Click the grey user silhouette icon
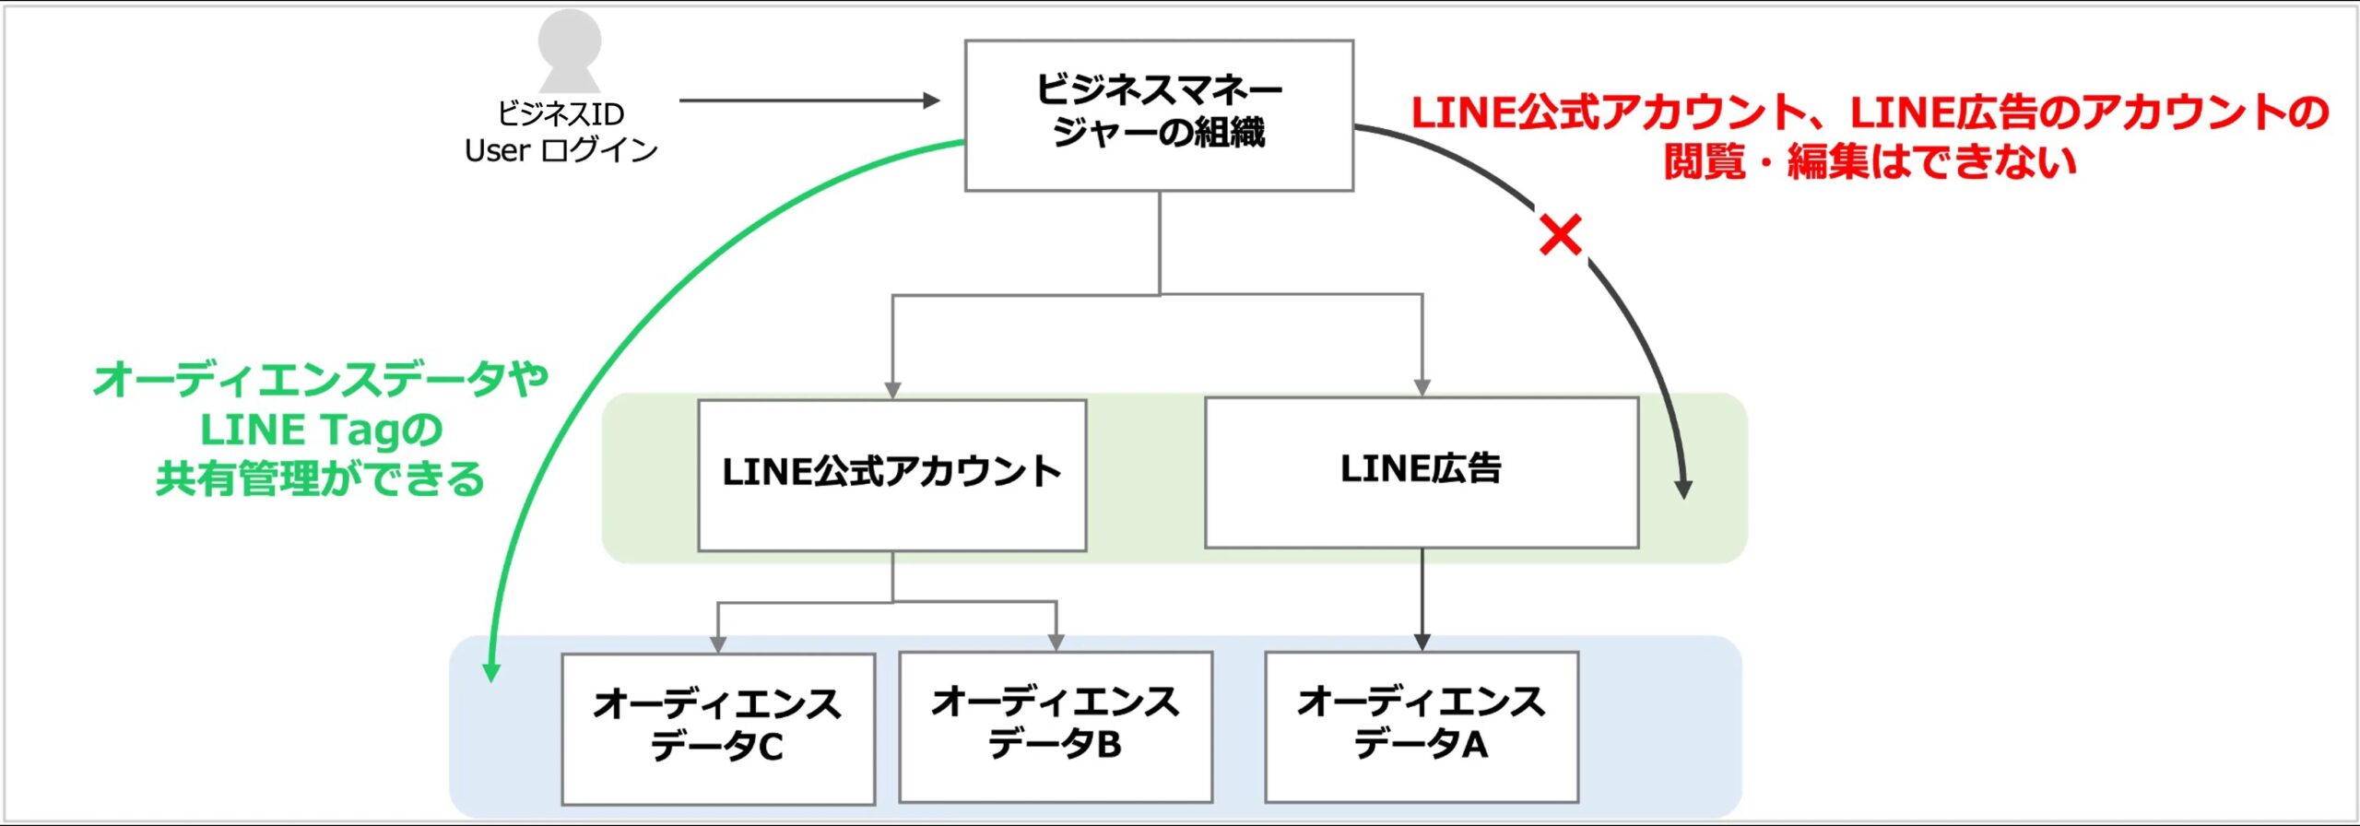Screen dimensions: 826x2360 click(x=570, y=50)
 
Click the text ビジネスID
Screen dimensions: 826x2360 click(x=560, y=114)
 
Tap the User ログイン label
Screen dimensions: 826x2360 click(x=560, y=150)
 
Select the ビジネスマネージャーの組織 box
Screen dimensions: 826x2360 click(x=1159, y=115)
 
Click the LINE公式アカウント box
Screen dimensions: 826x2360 click(x=891, y=475)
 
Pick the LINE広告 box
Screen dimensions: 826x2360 click(x=1421, y=472)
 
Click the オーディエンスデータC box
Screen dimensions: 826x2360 click(x=718, y=728)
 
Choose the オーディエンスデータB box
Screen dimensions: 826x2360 click(x=1056, y=726)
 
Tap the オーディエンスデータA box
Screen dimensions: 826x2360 click(x=1421, y=726)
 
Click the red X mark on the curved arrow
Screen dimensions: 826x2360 click(x=1561, y=235)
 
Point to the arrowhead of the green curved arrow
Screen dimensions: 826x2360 click(x=491, y=672)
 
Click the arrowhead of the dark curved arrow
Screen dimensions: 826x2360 click(x=1683, y=489)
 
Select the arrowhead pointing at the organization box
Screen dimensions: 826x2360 click(x=931, y=100)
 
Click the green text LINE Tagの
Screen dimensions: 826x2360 click(x=321, y=430)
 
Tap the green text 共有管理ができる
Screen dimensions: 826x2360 click(x=320, y=478)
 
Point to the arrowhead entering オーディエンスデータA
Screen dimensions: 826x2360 click(x=1422, y=642)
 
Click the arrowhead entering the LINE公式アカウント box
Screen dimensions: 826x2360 click(x=891, y=390)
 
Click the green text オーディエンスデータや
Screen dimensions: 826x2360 click(x=321, y=379)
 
